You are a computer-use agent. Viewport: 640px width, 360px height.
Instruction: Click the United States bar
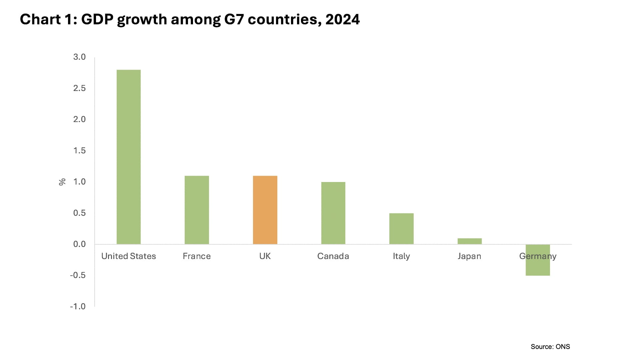(129, 157)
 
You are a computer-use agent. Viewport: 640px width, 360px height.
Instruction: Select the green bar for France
(197, 210)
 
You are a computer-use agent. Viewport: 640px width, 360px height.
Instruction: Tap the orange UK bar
(265, 210)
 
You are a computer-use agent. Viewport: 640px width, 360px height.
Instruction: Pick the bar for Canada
(333, 213)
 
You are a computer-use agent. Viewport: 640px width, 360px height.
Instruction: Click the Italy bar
(401, 229)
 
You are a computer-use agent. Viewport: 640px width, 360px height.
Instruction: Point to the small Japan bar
(469, 241)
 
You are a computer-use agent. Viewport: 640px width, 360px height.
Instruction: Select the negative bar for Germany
(538, 267)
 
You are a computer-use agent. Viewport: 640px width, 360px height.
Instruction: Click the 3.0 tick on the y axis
(79, 57)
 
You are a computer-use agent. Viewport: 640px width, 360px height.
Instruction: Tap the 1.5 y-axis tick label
(79, 151)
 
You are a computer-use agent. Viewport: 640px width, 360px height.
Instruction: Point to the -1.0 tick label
(78, 306)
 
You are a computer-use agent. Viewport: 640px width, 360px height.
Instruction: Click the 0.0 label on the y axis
(79, 244)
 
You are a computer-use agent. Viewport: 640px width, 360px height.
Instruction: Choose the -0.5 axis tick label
(78, 275)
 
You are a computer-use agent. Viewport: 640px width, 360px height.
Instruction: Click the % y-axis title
(62, 182)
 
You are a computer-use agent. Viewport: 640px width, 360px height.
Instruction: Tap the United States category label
(129, 256)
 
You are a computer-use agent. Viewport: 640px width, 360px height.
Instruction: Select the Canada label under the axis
(333, 256)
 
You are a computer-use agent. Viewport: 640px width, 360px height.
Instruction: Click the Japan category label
(469, 256)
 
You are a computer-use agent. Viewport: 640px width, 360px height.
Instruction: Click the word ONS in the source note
(563, 347)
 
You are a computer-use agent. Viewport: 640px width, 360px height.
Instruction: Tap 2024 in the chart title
(343, 19)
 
